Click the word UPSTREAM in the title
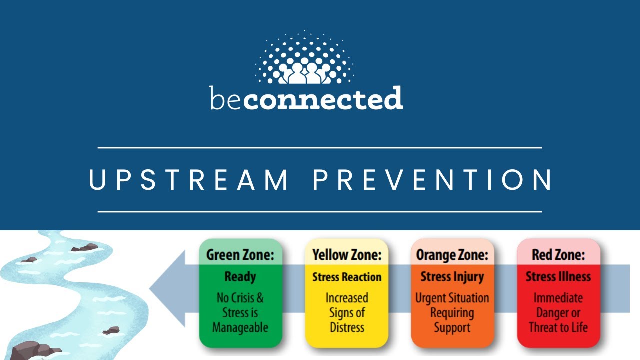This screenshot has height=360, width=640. click(x=189, y=180)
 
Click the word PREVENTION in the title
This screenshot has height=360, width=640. click(x=433, y=180)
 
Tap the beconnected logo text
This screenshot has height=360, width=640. click(x=306, y=98)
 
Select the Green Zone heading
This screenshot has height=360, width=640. click(x=240, y=255)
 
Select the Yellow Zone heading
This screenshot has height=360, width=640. click(x=346, y=255)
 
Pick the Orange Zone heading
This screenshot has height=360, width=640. click(x=452, y=255)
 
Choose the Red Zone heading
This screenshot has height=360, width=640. click(x=558, y=255)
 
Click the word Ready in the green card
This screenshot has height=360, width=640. click(x=240, y=277)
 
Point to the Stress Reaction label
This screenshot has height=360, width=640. click(x=346, y=277)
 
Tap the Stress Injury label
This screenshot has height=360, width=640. click(x=452, y=277)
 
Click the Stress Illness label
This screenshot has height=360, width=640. click(x=558, y=277)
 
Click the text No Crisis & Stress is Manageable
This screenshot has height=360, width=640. click(x=240, y=313)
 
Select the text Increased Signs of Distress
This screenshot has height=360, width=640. click(x=346, y=313)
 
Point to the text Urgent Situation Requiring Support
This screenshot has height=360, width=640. click(x=452, y=313)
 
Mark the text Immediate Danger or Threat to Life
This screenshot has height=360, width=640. click(x=558, y=313)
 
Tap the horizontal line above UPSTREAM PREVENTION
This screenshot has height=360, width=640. click(x=320, y=148)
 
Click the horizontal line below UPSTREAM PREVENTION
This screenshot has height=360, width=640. click(x=320, y=212)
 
